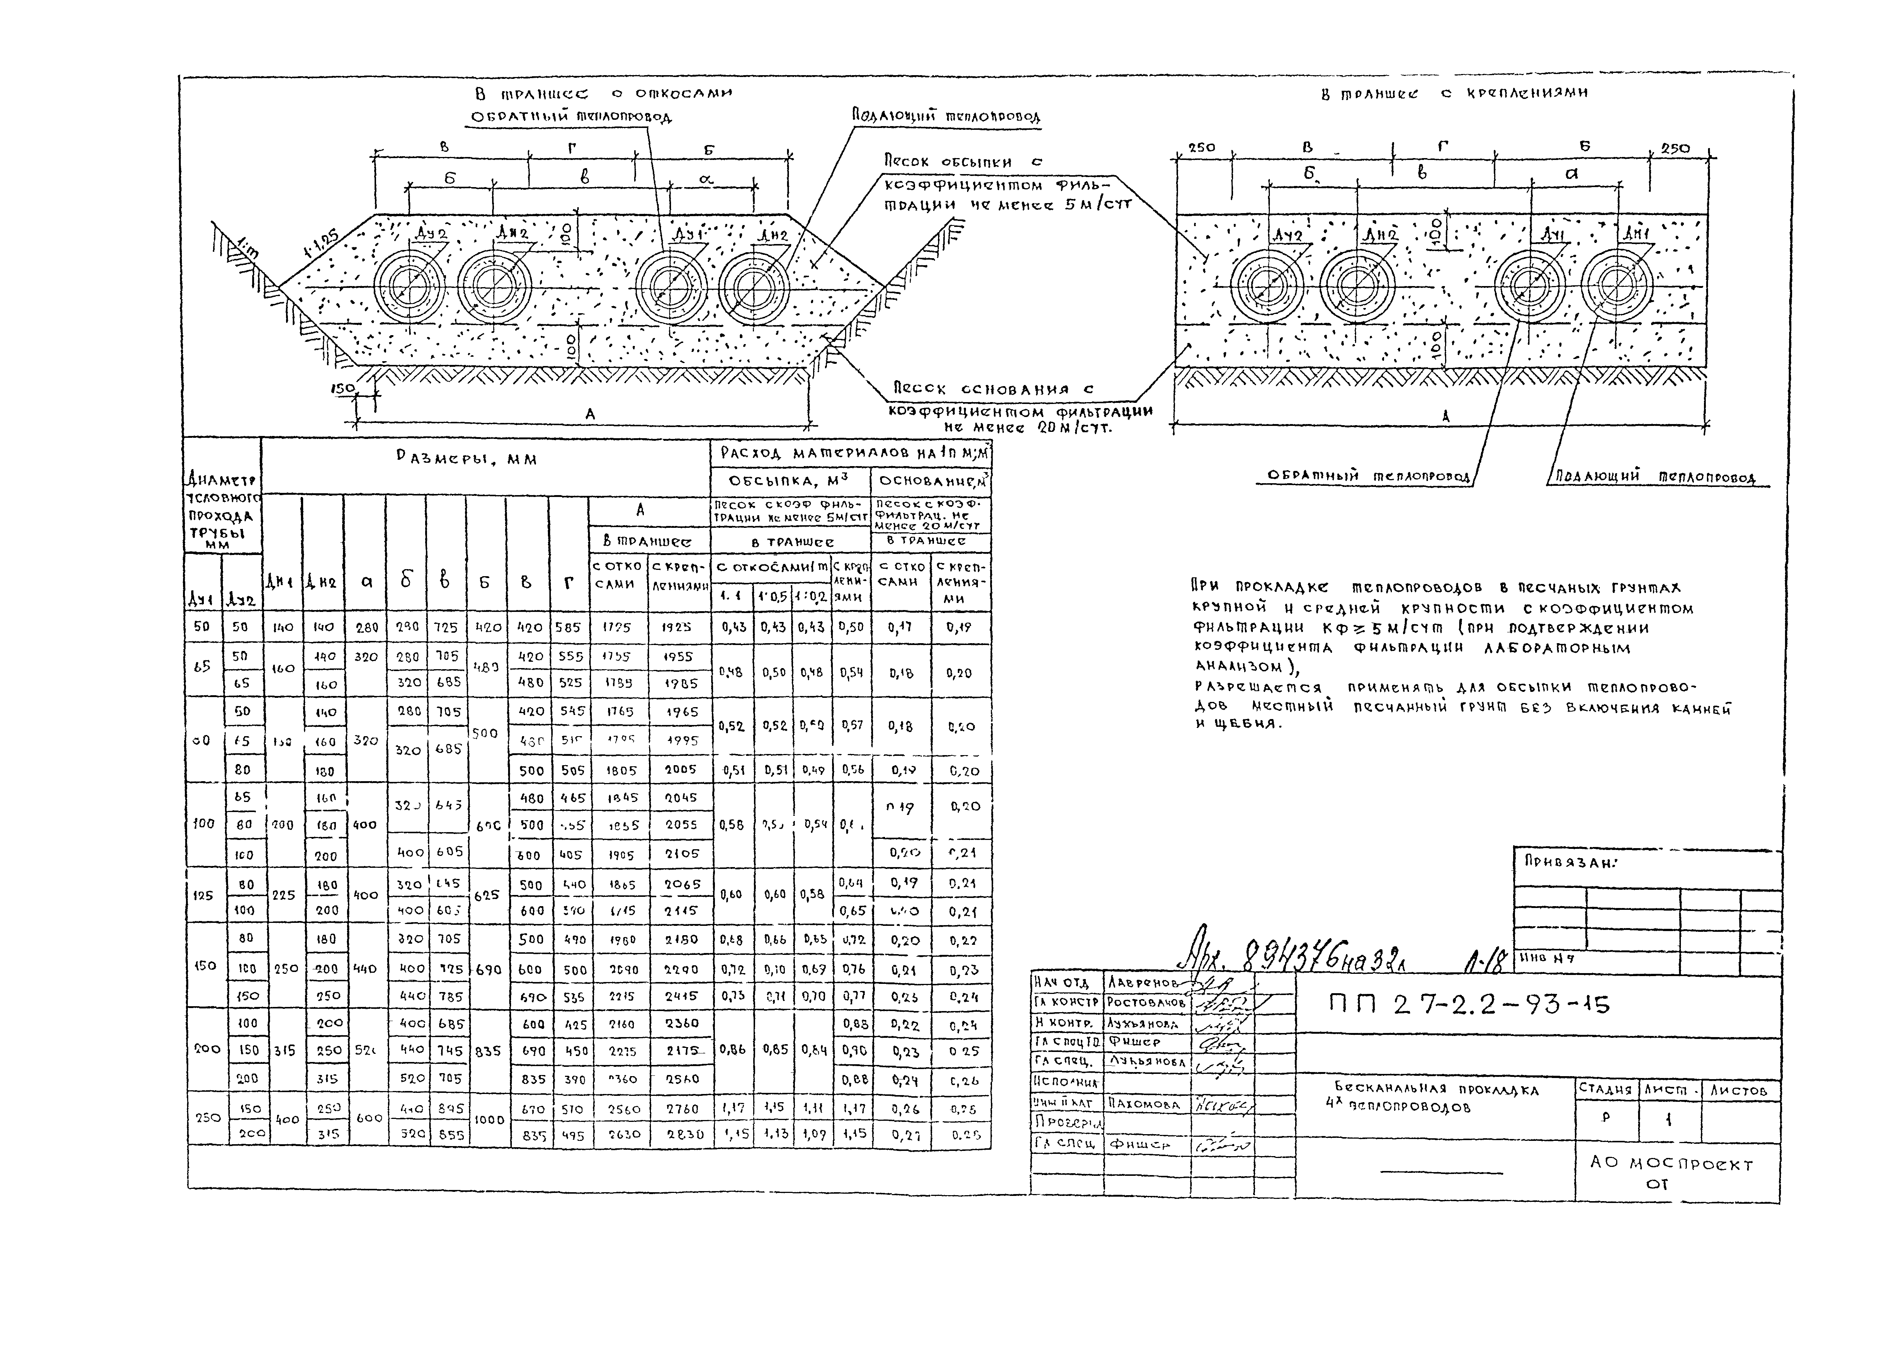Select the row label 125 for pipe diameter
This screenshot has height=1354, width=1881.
coord(202,895)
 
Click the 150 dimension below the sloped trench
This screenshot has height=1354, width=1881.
coord(342,388)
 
